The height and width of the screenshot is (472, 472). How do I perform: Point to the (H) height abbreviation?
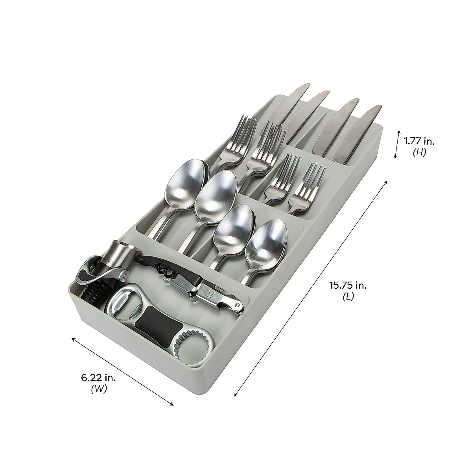click(x=419, y=153)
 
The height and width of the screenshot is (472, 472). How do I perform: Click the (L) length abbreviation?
click(x=347, y=297)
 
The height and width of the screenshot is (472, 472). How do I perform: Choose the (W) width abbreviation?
click(x=99, y=389)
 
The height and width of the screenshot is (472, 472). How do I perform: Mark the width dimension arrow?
click(x=122, y=371)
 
